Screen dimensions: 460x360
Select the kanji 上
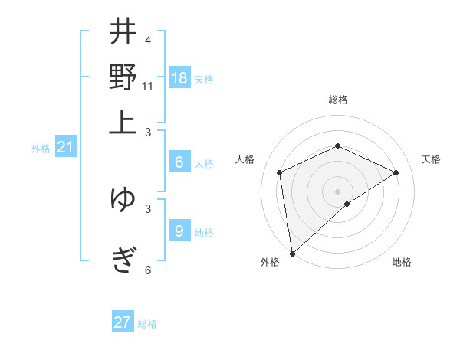click(123, 121)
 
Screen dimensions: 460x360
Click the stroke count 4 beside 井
click(147, 41)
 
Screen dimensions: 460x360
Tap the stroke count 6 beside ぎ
click(147, 269)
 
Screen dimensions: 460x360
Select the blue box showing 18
click(179, 78)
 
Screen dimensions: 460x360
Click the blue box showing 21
click(65, 148)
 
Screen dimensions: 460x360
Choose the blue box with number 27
click(123, 322)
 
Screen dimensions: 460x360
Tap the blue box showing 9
click(179, 231)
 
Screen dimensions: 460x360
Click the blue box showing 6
click(179, 162)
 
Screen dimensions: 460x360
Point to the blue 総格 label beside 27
click(147, 324)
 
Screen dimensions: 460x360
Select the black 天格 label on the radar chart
click(431, 159)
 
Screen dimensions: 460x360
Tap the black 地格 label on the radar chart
click(402, 262)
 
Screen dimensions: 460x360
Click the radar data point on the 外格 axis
click(292, 254)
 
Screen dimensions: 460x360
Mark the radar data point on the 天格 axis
click(396, 172)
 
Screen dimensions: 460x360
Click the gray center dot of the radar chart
click(338, 191)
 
